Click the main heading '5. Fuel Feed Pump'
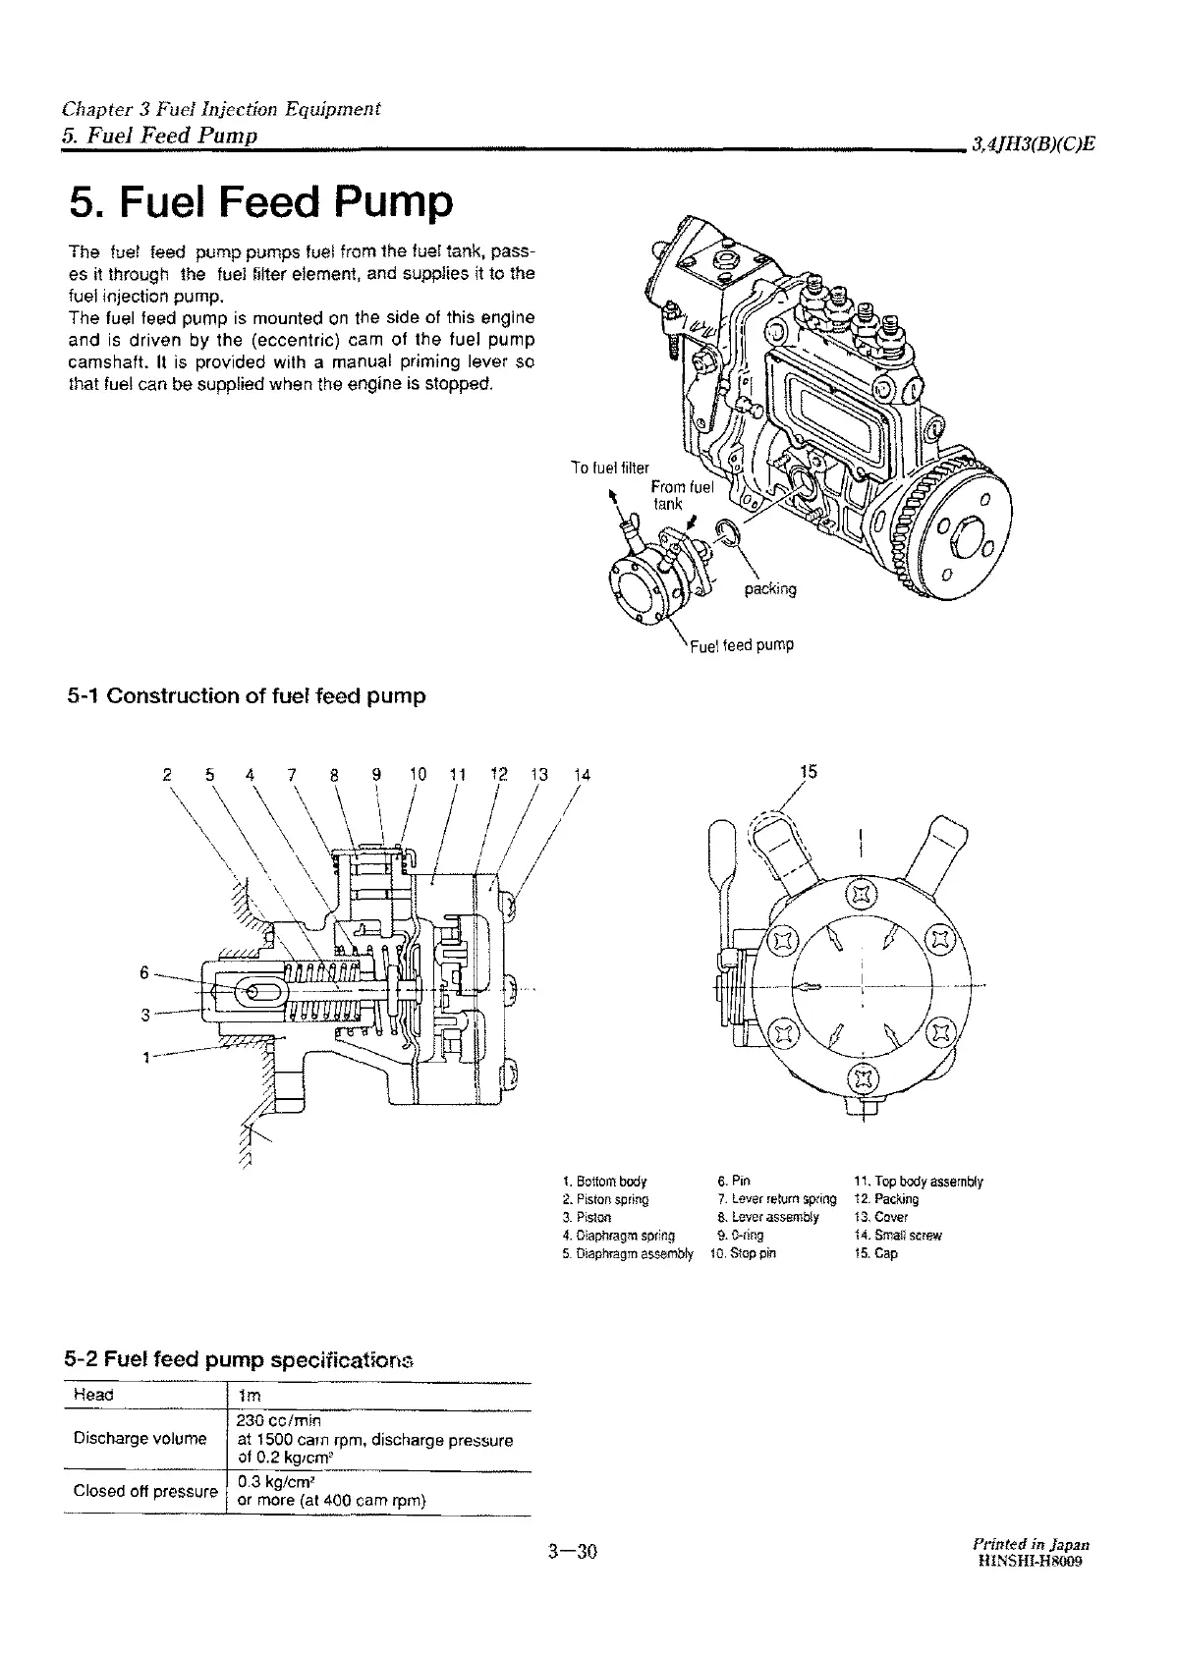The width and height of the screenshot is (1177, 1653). (x=261, y=202)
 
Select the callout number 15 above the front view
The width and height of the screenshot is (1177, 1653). (x=808, y=772)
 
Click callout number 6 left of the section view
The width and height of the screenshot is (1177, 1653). (x=144, y=972)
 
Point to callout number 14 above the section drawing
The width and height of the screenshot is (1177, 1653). (x=582, y=774)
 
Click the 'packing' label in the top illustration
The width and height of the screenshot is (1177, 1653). (x=770, y=589)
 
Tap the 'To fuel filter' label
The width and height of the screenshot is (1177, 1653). (x=610, y=468)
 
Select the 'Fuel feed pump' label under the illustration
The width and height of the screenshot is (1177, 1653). (x=742, y=645)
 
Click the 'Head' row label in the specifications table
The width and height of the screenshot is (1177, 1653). (x=94, y=1395)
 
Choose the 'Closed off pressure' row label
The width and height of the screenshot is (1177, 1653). (x=145, y=1490)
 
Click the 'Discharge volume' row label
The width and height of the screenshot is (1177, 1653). (x=140, y=1438)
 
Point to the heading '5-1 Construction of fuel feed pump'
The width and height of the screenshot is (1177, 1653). (x=247, y=696)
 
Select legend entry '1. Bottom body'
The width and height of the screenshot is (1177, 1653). (x=605, y=1182)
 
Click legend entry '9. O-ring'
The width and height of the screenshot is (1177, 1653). (x=741, y=1236)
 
